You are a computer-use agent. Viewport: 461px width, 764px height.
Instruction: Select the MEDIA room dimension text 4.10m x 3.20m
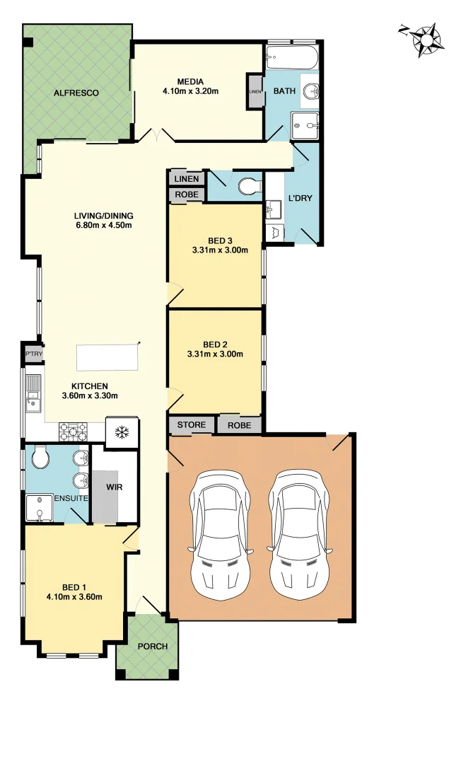point(190,91)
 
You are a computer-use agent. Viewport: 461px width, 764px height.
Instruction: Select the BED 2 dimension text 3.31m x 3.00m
point(215,354)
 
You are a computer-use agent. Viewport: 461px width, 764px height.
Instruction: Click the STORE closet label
point(192,424)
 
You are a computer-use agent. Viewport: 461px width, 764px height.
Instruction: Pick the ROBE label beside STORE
point(240,425)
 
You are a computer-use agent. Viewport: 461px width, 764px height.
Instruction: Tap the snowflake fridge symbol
point(122,432)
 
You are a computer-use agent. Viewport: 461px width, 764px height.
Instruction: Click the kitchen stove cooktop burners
point(72,431)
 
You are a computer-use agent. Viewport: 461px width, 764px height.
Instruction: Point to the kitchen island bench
point(106,357)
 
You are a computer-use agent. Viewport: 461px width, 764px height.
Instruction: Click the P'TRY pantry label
point(33,353)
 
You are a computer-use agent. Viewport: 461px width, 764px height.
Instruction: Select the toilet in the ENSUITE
point(40,458)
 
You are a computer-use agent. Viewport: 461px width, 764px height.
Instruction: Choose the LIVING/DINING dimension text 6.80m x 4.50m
point(104,226)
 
